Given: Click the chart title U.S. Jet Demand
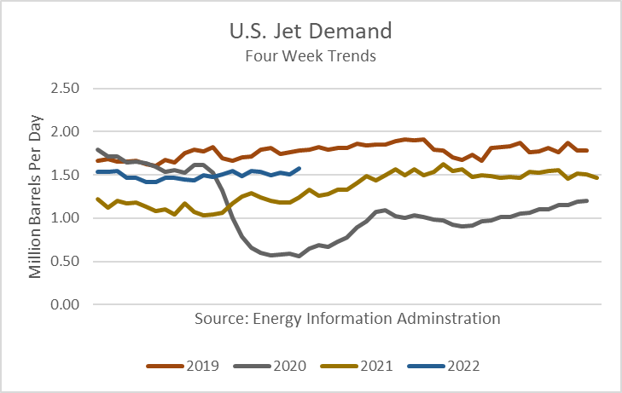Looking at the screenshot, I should coord(310,33).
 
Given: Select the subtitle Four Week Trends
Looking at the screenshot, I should coord(310,56).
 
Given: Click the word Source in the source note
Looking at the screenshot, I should coord(217,319).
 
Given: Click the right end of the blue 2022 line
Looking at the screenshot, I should coord(299,168).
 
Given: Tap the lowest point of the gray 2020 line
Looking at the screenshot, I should coord(299,256).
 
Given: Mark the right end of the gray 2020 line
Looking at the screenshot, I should coord(587,200).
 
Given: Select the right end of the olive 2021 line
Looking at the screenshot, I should coord(596,177).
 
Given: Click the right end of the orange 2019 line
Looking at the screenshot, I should coord(587,150).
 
